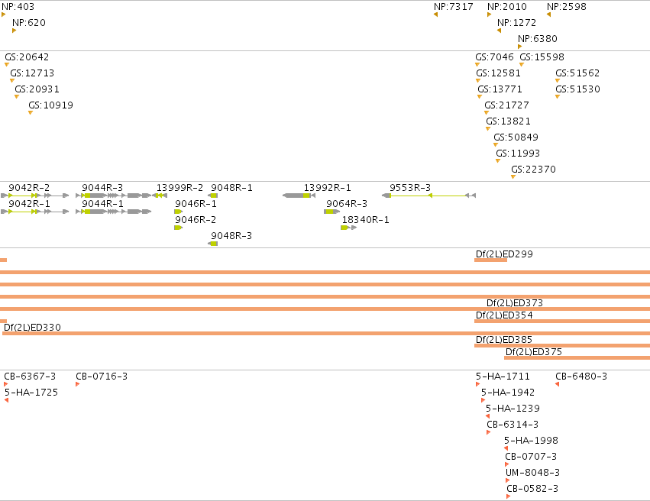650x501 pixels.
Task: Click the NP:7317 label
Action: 453,7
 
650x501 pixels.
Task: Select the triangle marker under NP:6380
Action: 520,47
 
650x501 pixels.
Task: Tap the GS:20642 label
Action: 27,57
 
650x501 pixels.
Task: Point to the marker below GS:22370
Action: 513,177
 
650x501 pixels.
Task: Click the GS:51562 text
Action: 577,73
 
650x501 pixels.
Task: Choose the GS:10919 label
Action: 50,105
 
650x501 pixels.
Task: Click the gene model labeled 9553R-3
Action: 429,196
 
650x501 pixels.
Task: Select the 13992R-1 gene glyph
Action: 299,196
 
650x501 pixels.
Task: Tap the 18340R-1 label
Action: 365,220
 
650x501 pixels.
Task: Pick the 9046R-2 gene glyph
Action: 179,228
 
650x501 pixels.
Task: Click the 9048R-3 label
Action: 231,236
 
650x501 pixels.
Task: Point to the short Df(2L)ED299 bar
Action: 491,260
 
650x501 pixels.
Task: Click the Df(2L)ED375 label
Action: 533,352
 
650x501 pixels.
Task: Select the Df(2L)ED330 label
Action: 32,328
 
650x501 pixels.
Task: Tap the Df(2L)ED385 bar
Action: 562,346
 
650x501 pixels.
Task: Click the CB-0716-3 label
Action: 102,377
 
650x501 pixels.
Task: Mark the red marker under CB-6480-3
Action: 557,384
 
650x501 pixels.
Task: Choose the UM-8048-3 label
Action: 532,473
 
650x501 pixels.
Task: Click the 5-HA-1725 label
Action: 31,393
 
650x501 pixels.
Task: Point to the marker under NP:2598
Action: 549,15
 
